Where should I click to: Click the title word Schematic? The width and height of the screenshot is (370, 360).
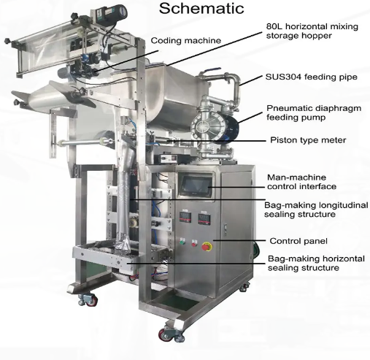[x=201, y=8]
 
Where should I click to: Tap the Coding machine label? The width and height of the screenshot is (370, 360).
[x=186, y=40]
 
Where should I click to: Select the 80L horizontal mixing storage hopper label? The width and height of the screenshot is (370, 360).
[x=312, y=31]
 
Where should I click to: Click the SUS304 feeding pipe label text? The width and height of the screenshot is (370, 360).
[x=312, y=77]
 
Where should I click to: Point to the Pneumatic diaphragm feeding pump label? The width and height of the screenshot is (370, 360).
[x=314, y=112]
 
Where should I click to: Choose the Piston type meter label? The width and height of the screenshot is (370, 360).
[x=308, y=140]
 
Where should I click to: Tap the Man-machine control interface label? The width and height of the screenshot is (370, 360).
[x=301, y=182]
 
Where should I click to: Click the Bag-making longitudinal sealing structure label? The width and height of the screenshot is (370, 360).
[x=316, y=210]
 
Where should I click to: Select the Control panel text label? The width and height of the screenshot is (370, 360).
[x=298, y=241]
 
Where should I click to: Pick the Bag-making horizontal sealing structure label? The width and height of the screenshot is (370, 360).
[x=316, y=263]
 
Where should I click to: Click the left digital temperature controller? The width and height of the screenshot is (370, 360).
[x=185, y=217]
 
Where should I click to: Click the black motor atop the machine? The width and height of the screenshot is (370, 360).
[x=114, y=12]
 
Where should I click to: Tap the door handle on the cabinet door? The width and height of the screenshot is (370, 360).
[x=226, y=229]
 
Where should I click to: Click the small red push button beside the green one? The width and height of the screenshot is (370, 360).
[x=194, y=243]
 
